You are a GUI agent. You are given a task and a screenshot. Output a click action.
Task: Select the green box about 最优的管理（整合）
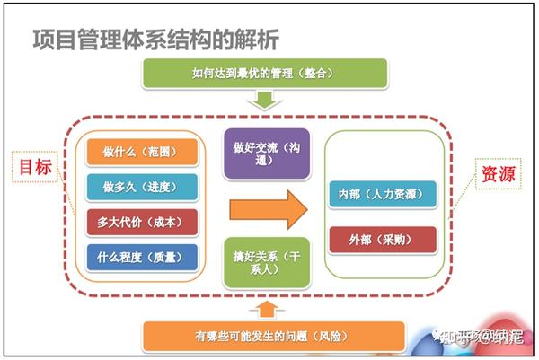point(264,75)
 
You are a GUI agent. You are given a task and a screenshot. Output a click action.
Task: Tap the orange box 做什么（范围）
point(141,152)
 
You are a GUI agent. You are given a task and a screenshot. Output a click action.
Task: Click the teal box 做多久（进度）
point(141,187)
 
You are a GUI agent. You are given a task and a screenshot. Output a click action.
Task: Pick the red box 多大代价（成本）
point(141,222)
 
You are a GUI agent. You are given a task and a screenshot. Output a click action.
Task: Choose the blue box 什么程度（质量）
point(141,257)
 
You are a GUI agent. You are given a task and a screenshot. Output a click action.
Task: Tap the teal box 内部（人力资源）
point(381,194)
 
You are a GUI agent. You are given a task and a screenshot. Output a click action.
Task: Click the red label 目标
point(34,165)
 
